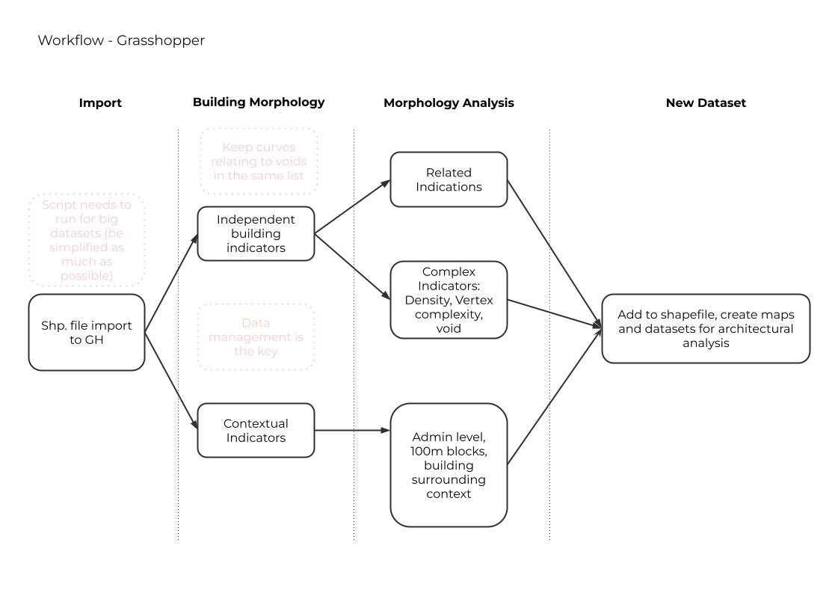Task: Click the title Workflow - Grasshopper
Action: click(x=121, y=40)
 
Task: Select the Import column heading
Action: click(x=100, y=103)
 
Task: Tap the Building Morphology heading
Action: click(x=259, y=102)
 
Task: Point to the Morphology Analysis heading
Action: click(x=449, y=103)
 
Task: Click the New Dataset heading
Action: click(x=706, y=103)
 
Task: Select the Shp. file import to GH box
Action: click(x=87, y=332)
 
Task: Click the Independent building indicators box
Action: click(x=256, y=233)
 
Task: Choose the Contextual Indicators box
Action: click(x=256, y=431)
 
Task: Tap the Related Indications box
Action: click(x=449, y=179)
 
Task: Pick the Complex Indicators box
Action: click(x=449, y=300)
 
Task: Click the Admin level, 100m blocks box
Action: click(x=449, y=465)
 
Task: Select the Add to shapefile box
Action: click(x=706, y=329)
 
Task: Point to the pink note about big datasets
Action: click(x=87, y=240)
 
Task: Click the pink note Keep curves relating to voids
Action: click(x=259, y=162)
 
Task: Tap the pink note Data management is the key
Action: click(x=256, y=337)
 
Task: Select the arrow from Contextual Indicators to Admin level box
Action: click(x=352, y=431)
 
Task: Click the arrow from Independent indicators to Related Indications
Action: click(x=352, y=207)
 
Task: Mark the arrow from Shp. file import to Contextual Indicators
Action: click(x=171, y=381)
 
